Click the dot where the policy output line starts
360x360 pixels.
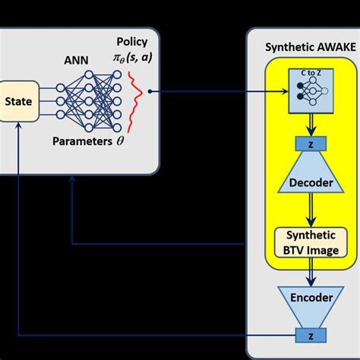pyautogui.click(x=151, y=92)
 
